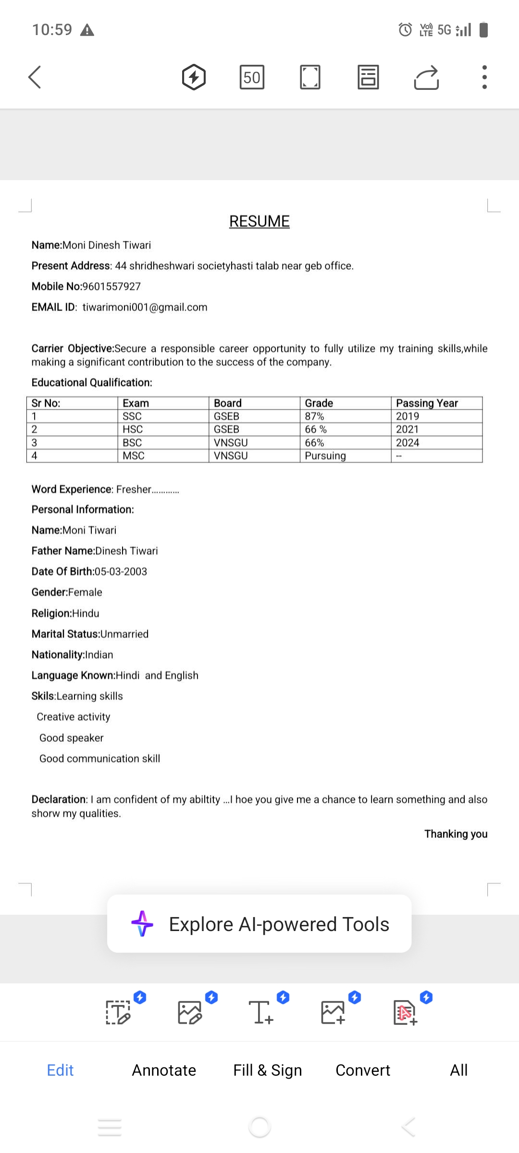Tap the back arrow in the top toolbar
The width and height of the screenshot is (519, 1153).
(35, 77)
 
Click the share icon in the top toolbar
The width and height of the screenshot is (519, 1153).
(426, 77)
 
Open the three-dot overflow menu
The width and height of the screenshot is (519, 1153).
(484, 77)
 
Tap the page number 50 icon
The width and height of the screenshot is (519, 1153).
(252, 77)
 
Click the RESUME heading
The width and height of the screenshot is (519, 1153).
(259, 221)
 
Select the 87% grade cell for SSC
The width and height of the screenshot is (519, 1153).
(315, 416)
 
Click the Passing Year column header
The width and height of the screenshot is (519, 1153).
(427, 403)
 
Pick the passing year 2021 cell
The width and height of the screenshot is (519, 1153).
(408, 429)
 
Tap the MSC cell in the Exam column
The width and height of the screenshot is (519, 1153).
(134, 455)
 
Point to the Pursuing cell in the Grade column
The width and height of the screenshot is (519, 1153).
(325, 455)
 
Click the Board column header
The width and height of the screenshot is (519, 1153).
(228, 403)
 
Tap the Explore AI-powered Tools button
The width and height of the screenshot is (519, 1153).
(259, 924)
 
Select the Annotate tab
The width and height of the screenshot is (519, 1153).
(164, 1070)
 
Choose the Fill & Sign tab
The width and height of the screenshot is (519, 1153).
(268, 1070)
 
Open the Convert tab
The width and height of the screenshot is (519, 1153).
(363, 1070)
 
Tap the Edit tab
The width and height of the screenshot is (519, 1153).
(60, 1070)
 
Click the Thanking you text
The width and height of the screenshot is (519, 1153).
(456, 834)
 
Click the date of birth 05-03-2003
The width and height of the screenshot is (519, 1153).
(121, 572)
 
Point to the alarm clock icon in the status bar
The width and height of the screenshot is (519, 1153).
(405, 30)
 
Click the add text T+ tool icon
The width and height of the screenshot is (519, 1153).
(261, 1012)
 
